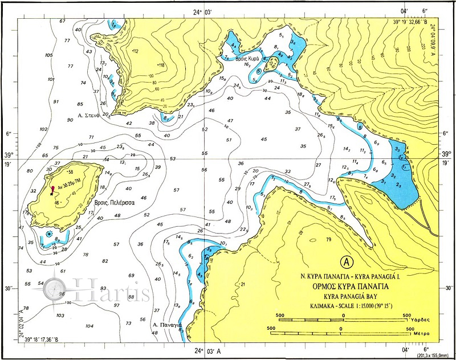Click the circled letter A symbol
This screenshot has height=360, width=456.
coord(344,261)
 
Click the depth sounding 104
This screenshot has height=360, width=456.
coord(88,326)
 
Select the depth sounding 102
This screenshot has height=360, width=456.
coord(43,129)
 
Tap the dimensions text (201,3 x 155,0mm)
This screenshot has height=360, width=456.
coord(435,355)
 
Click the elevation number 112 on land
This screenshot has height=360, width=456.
coord(136,51)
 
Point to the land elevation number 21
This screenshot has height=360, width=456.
coord(242,284)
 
